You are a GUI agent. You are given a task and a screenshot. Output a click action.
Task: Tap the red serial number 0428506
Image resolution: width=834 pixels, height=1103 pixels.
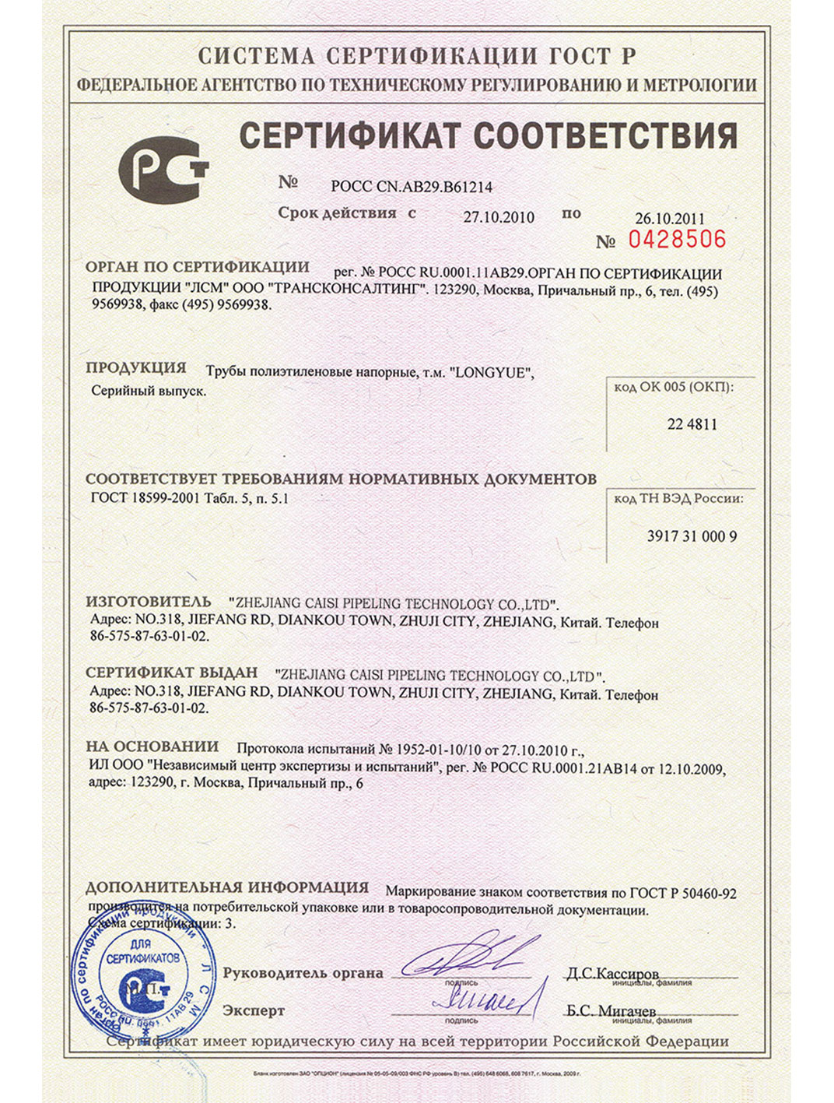click(676, 239)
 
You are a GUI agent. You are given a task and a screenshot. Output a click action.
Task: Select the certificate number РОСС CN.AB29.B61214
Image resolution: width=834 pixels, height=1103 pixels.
click(411, 187)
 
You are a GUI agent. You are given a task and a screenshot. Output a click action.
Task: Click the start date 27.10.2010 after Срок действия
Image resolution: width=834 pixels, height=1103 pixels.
click(499, 217)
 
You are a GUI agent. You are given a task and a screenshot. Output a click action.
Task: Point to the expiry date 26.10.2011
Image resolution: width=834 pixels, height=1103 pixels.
click(669, 219)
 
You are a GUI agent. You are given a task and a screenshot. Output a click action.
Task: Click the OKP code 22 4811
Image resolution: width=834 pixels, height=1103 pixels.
click(692, 424)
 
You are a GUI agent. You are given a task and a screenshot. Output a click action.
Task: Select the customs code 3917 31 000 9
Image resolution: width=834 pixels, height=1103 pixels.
click(692, 536)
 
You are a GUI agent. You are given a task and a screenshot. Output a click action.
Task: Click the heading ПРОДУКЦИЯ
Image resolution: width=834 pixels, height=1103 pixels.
click(136, 367)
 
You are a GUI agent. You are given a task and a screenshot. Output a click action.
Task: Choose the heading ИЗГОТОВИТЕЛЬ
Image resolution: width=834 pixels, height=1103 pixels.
click(148, 602)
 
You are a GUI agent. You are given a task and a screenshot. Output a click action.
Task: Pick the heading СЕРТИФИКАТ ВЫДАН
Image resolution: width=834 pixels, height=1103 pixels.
click(171, 673)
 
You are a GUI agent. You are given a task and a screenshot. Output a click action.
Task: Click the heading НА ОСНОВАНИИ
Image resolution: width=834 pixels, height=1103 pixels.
click(152, 746)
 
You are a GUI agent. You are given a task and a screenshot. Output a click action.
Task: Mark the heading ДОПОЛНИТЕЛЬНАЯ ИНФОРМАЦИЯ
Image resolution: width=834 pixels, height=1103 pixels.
click(226, 887)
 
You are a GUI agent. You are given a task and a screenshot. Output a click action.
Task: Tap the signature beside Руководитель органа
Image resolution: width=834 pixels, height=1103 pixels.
click(467, 956)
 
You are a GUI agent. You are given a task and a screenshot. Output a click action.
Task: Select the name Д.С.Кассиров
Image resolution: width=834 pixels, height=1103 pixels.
click(612, 974)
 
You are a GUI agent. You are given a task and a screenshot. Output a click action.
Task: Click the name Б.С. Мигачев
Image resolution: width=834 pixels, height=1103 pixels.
click(611, 1010)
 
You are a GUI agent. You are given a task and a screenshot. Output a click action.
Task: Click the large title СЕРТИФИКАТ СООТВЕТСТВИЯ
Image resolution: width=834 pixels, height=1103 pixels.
click(487, 135)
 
